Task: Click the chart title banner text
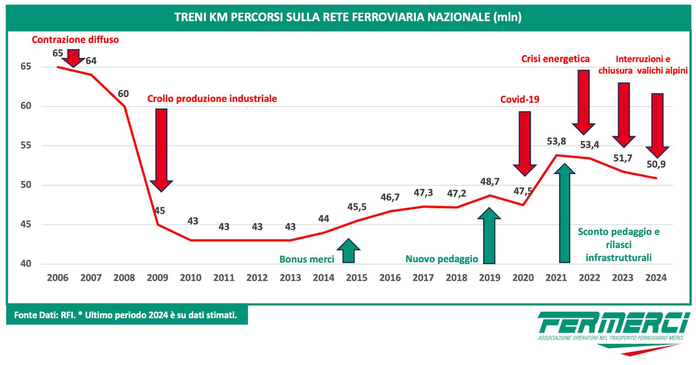pos(348,17)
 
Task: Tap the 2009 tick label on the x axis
pos(157,278)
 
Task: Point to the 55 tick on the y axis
pos(26,145)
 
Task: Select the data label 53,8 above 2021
pos(556,141)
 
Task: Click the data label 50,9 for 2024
pos(656,164)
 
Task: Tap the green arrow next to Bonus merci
pos(348,251)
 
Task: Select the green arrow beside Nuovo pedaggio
pos(489,236)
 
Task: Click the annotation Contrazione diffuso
pos(75,40)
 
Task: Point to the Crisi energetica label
pos(555,59)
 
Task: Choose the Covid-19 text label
pos(520,100)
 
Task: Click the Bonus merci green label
pos(307,259)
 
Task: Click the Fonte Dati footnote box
pos(126,315)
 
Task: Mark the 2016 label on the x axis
pos(390,278)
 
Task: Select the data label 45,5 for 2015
pos(357,207)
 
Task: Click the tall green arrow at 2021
pos(565,213)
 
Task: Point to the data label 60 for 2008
pos(123,94)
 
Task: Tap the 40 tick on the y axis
pos(26,264)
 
